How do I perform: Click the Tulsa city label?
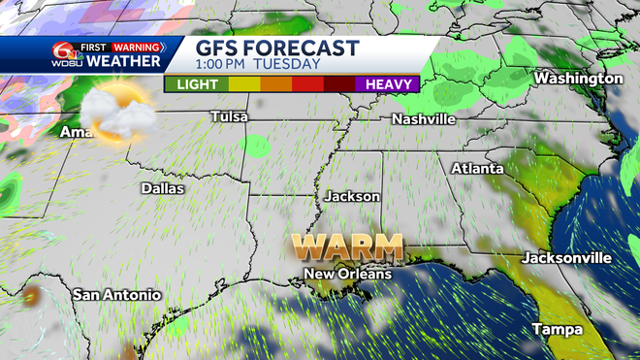coord(230,117)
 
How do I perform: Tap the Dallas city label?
coord(162,188)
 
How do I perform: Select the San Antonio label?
coord(116,294)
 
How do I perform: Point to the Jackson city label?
coord(353,196)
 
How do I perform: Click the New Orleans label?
coord(348,275)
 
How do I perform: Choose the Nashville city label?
coord(424,118)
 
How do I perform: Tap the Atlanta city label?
coord(477,169)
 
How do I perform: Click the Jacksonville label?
coord(567,258)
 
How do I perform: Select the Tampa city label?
coord(558,329)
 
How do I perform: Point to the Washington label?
coord(578,78)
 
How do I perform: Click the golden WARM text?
coord(350,246)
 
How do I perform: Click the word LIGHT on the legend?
coord(196,84)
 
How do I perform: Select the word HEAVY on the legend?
coord(386,84)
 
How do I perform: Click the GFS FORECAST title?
coord(277,48)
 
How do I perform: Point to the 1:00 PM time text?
coord(226,65)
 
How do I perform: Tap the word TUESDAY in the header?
coord(288,65)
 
